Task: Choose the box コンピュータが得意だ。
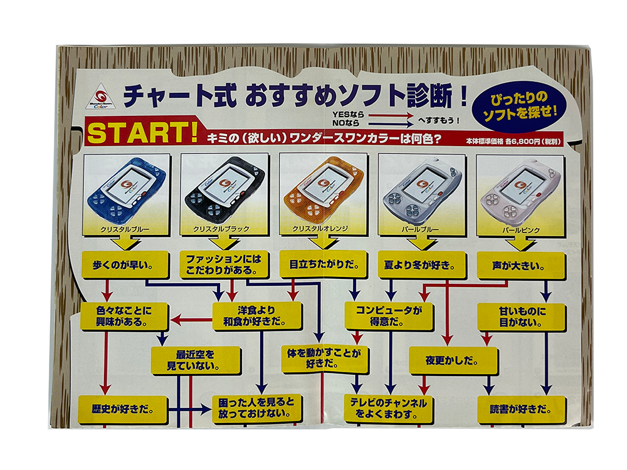(x=389, y=316)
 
